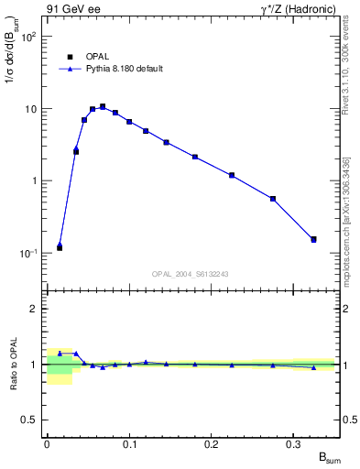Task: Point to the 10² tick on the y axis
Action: pyautogui.click(x=28, y=38)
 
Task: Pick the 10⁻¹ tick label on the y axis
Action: pyautogui.click(x=28, y=253)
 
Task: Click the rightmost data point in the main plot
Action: pyautogui.click(x=313, y=240)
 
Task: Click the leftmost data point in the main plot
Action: pyautogui.click(x=60, y=247)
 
